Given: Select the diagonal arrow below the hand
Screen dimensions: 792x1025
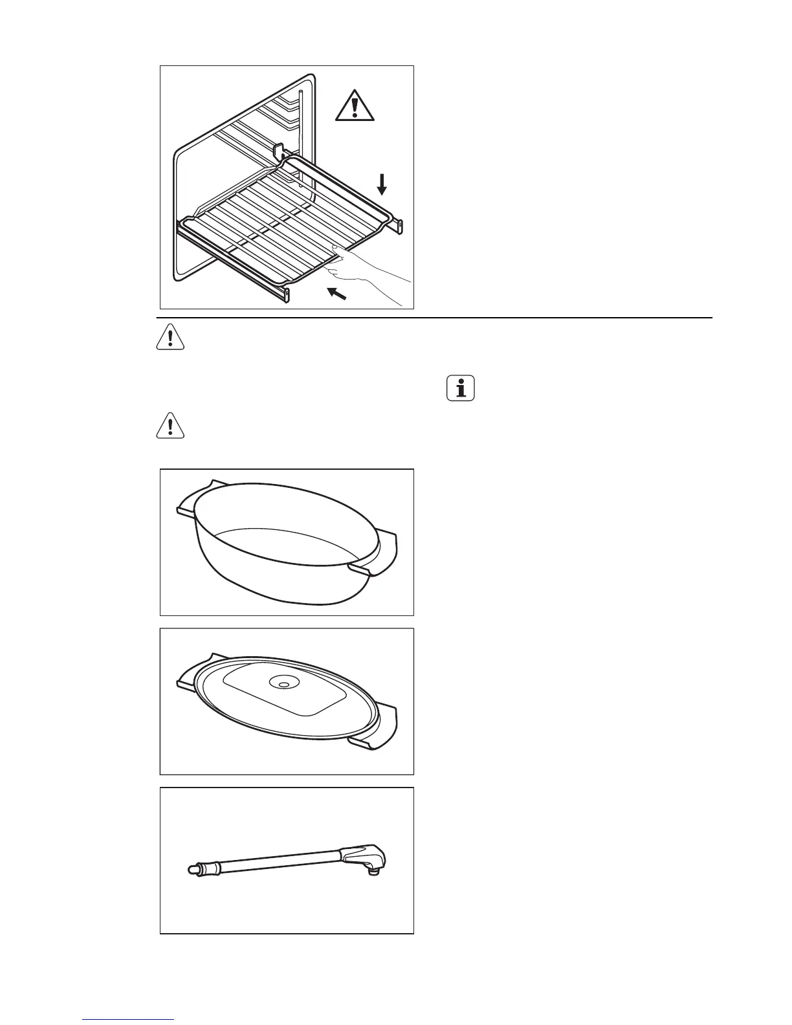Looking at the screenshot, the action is pyautogui.click(x=336, y=294).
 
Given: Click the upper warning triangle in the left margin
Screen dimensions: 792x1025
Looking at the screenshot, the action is pyautogui.click(x=170, y=337).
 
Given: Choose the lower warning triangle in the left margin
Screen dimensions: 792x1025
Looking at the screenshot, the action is pyautogui.click(x=170, y=425).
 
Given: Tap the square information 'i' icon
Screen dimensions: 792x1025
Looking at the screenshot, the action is pyautogui.click(x=461, y=388).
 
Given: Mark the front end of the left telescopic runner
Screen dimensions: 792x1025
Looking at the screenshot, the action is pyautogui.click(x=285, y=296).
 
